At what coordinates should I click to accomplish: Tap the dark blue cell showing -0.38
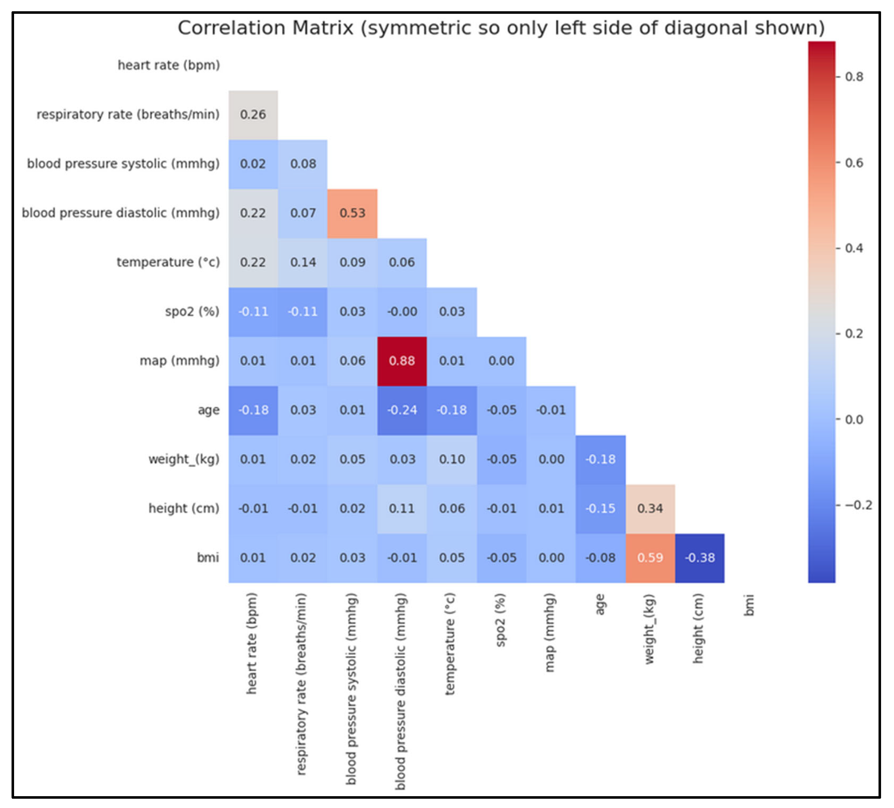tap(700, 558)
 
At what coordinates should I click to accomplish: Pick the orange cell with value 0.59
tap(650, 558)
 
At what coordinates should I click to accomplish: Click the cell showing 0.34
tap(650, 508)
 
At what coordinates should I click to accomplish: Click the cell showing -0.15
tap(600, 508)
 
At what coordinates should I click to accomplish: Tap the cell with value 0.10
tap(452, 459)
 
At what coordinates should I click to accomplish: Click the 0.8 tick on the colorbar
tap(854, 77)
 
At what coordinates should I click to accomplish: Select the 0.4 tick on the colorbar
tap(854, 248)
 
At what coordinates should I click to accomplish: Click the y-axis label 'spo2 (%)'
tap(192, 311)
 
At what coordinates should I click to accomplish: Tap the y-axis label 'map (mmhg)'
tap(180, 361)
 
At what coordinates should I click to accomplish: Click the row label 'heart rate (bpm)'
tap(169, 65)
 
